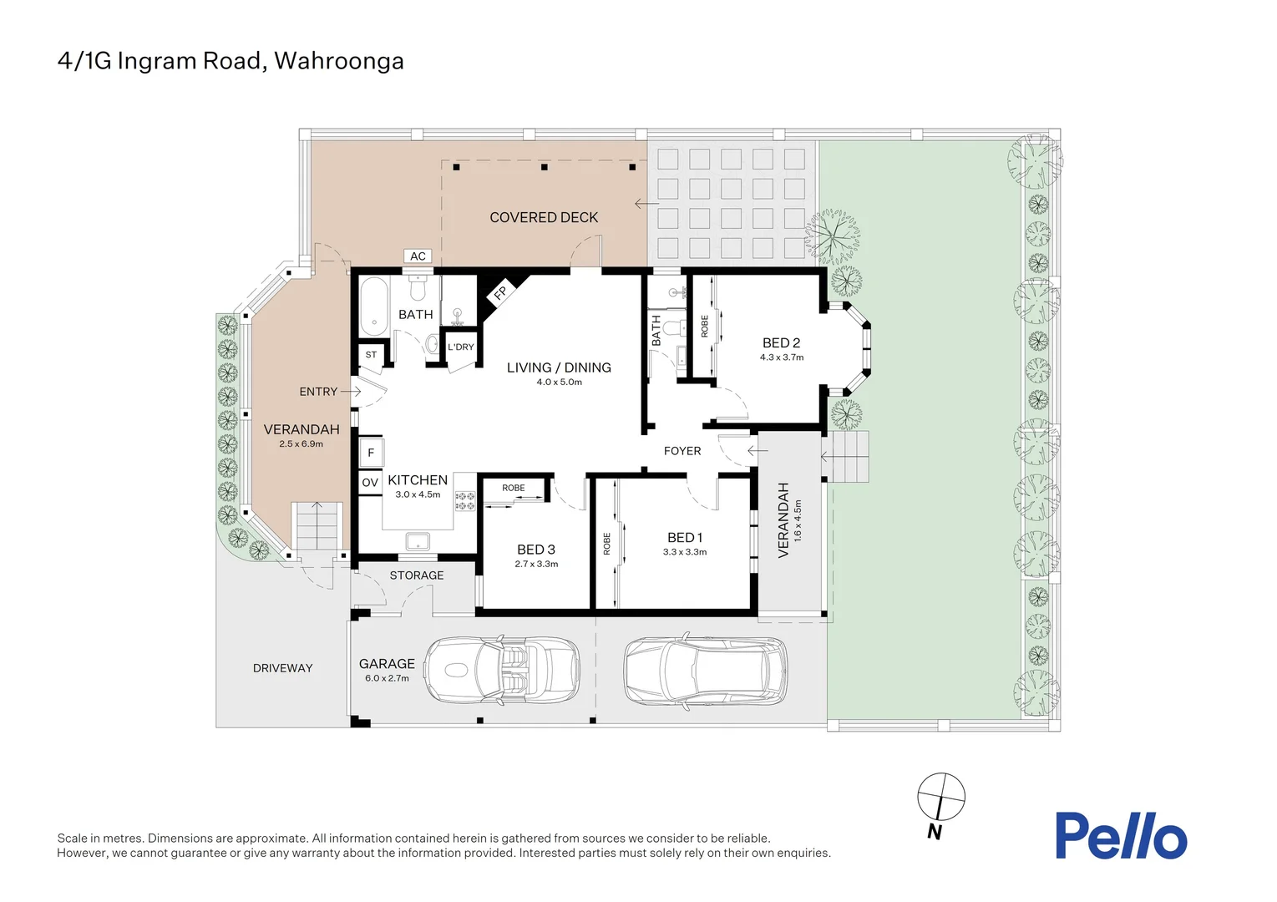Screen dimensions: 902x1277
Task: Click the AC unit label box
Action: pyautogui.click(x=418, y=256)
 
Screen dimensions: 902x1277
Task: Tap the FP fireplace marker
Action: pyautogui.click(x=500, y=292)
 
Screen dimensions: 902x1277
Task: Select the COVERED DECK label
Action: pyautogui.click(x=544, y=217)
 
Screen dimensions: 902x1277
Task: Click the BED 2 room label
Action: pyautogui.click(x=781, y=342)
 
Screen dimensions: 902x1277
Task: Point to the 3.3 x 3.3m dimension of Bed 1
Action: pyautogui.click(x=685, y=552)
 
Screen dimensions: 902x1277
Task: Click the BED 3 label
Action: pyautogui.click(x=535, y=550)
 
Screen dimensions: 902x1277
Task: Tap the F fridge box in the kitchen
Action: pyautogui.click(x=371, y=454)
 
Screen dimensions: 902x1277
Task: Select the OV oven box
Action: pyautogui.click(x=370, y=483)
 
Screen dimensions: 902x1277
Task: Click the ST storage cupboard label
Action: pyautogui.click(x=371, y=355)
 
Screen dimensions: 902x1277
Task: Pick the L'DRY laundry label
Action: pyautogui.click(x=460, y=347)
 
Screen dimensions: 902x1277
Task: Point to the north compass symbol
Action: pyautogui.click(x=940, y=797)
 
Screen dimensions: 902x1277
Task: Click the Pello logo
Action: pyautogui.click(x=1121, y=836)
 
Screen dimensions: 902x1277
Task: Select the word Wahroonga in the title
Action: pyautogui.click(x=339, y=61)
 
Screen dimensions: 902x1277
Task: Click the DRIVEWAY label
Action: pyautogui.click(x=282, y=668)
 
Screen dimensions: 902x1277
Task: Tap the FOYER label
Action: pyautogui.click(x=682, y=451)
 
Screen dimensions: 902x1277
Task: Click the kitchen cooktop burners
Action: pyautogui.click(x=464, y=501)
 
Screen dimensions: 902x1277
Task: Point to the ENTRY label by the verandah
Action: pyautogui.click(x=318, y=392)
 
